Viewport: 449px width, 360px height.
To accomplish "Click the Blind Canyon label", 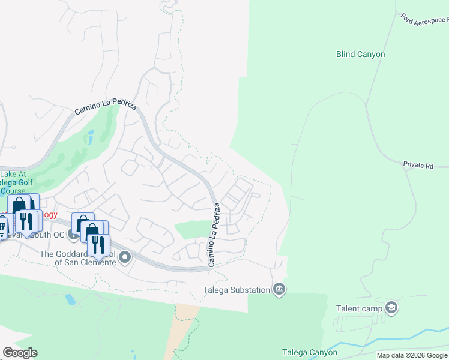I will pos(360,54).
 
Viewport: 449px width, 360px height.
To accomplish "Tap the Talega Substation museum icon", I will pos(279,290).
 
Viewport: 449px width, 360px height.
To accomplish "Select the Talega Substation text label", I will pos(236,290).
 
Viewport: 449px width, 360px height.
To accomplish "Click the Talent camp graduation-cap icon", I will pos(391,308).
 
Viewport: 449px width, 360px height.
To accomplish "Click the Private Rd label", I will pos(418,164).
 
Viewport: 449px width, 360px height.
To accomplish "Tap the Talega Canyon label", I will pos(310,352).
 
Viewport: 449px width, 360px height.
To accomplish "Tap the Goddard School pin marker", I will pos(125,258).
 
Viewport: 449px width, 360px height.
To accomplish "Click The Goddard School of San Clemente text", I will pos(78,258).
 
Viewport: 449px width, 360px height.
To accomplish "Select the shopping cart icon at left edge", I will pos(2,227).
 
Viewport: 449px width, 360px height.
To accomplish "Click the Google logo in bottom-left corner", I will pos(20,353).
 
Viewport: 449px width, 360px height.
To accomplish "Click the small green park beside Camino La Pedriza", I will pos(192,229).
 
